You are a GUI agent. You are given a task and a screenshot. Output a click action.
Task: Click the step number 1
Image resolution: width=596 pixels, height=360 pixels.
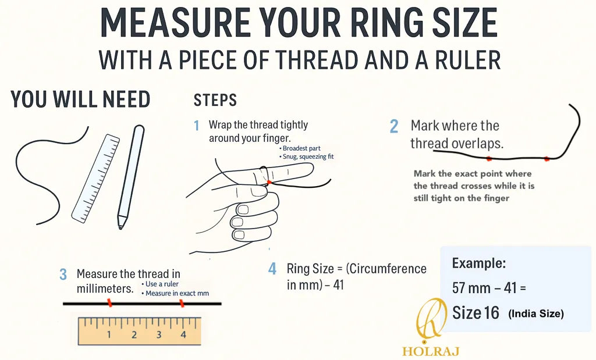197,126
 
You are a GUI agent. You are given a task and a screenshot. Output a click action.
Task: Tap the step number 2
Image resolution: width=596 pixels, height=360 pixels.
394,126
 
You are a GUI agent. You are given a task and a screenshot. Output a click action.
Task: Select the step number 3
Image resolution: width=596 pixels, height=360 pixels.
63,274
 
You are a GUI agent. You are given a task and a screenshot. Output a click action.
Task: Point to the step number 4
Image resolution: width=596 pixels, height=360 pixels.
272,269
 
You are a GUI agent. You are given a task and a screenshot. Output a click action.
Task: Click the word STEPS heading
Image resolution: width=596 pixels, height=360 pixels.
215,100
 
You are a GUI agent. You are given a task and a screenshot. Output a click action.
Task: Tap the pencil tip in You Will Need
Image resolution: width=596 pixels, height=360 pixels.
120,227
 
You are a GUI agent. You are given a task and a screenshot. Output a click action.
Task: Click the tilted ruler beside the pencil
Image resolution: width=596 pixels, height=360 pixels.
95,178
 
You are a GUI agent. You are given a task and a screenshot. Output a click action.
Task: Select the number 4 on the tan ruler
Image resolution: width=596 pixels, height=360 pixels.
183,334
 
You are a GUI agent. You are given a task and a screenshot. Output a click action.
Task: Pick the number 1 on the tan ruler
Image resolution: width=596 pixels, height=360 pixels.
109,334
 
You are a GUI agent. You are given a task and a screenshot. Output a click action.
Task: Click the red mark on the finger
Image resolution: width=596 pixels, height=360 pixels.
269,182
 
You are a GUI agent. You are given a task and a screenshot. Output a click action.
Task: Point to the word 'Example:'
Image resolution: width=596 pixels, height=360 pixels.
479,263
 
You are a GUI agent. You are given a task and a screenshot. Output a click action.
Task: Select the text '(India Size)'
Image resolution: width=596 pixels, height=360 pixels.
536,314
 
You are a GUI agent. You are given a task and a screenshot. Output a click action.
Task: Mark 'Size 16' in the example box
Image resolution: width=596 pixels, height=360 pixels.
476,313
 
